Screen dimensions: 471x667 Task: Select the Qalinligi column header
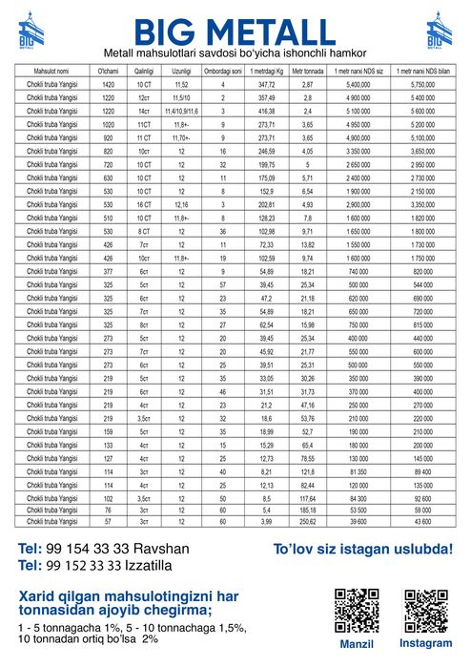pos(143,72)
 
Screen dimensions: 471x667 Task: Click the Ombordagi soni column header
pos(222,72)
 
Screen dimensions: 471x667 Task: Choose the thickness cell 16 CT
pos(143,204)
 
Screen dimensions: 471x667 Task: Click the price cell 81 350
pos(358,470)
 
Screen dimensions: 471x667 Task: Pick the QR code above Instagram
pos(425,611)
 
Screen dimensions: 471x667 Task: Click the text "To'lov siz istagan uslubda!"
pos(362,551)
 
